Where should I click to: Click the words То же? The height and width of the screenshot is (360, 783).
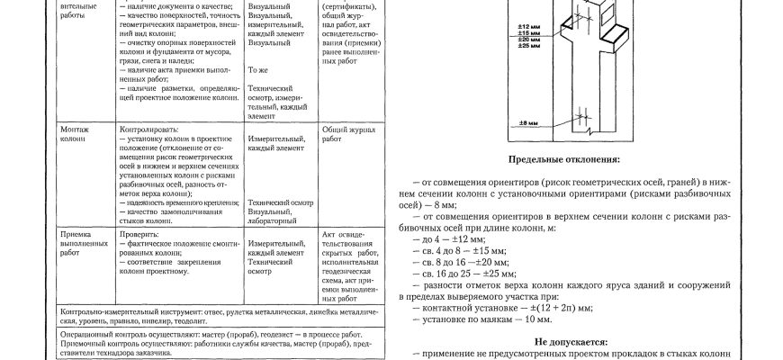pyautogui.click(x=259, y=69)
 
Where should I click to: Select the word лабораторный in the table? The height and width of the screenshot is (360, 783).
pyautogui.click(x=274, y=220)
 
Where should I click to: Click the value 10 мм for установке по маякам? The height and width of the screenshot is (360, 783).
pyautogui.click(x=537, y=319)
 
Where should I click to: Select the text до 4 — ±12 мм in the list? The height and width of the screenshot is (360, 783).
pyautogui.click(x=448, y=240)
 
